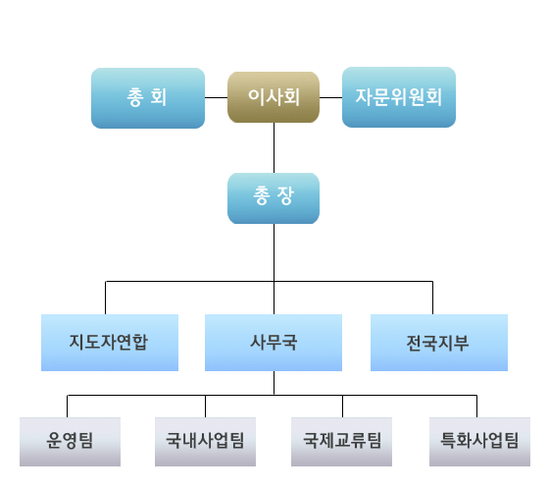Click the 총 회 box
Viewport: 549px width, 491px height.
click(148, 98)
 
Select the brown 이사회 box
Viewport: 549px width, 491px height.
click(274, 97)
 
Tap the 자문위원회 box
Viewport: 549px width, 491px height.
click(399, 97)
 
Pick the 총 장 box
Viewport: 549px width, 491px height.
click(274, 198)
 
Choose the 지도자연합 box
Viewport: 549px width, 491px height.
click(110, 343)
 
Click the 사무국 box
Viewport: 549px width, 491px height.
click(274, 343)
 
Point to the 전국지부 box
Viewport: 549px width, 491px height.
click(439, 343)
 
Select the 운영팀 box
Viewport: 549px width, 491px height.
click(70, 442)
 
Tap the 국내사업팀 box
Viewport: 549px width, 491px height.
click(205, 442)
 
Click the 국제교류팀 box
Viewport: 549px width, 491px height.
click(341, 442)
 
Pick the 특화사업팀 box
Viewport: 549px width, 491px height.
click(479, 442)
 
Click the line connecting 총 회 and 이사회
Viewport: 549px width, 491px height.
click(216, 97)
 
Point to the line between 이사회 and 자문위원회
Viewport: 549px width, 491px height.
click(330, 97)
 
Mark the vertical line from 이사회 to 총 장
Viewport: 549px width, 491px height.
click(274, 147)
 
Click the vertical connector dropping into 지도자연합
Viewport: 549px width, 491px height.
click(106, 298)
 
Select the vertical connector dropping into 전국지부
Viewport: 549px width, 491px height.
click(432, 298)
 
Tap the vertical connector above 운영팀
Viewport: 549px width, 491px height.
click(68, 407)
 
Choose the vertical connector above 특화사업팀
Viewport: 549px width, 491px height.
click(476, 407)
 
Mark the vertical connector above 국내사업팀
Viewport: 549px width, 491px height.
click(205, 407)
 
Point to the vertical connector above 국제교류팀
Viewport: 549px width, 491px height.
click(342, 407)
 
